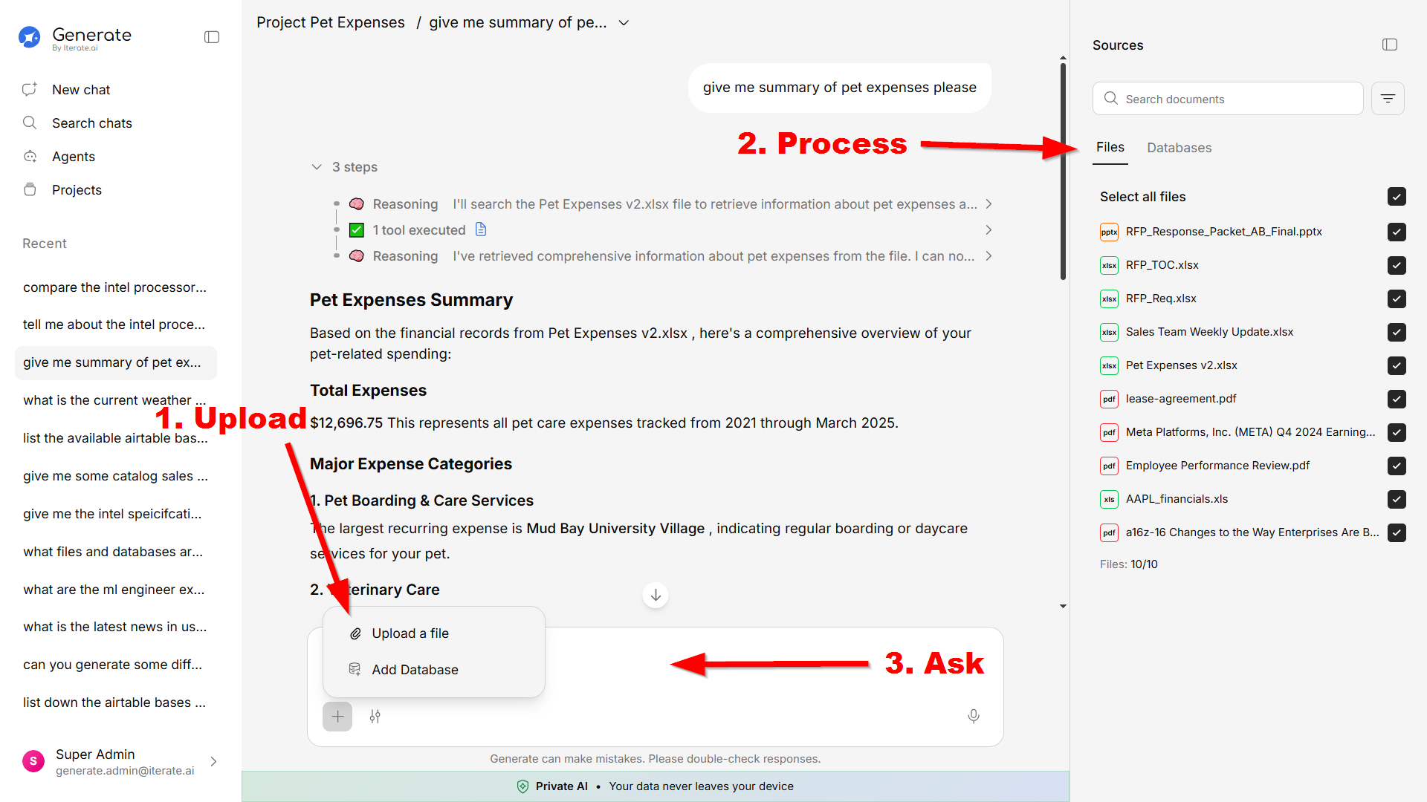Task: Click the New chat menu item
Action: click(x=81, y=90)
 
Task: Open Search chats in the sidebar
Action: click(x=91, y=123)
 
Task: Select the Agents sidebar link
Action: click(x=73, y=157)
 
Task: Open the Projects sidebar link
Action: click(x=77, y=190)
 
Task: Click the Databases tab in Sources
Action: click(x=1179, y=148)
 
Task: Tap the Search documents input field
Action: click(x=1228, y=99)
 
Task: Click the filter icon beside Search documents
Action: click(x=1388, y=99)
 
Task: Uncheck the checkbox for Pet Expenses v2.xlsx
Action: click(x=1397, y=365)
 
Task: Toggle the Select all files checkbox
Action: click(x=1397, y=197)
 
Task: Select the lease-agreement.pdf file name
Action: click(x=1181, y=399)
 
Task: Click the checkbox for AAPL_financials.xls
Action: click(x=1397, y=499)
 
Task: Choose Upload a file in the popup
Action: click(x=410, y=633)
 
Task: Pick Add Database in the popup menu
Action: click(x=415, y=670)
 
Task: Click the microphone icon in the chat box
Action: click(x=974, y=716)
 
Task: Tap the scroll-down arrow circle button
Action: click(x=656, y=596)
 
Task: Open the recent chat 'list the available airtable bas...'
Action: click(x=115, y=438)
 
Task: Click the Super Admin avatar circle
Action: click(x=33, y=761)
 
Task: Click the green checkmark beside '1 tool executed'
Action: click(x=357, y=230)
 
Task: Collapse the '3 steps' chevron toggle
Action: click(x=317, y=167)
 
